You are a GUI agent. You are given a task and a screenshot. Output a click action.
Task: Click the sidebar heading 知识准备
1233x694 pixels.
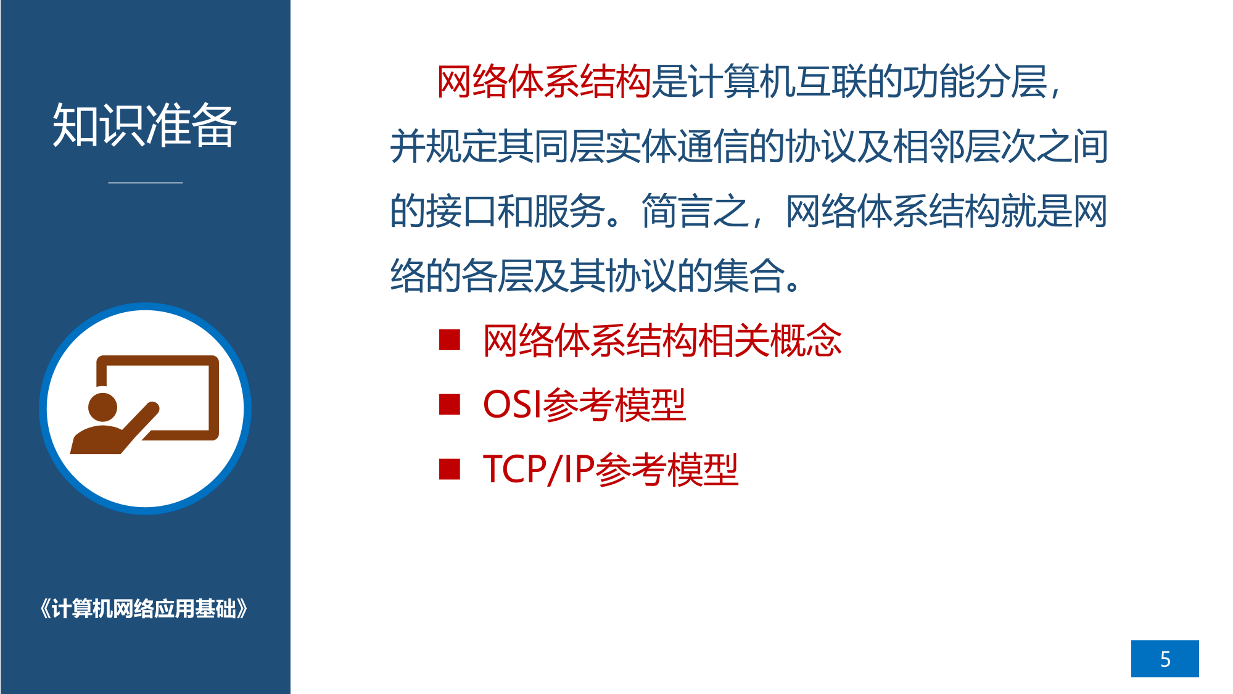coord(145,125)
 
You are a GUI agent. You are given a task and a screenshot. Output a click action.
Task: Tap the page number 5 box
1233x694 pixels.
coord(1165,658)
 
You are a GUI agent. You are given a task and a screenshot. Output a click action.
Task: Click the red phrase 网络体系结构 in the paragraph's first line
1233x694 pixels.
coord(544,81)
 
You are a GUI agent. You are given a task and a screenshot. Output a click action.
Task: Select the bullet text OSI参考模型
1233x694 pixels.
coord(584,405)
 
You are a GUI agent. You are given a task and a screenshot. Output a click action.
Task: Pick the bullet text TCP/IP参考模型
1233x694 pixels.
coord(611,469)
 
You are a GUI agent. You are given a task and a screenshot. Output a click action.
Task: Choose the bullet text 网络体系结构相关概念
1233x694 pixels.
coord(662,341)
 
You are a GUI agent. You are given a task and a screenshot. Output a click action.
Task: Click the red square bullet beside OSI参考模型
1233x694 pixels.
coord(450,405)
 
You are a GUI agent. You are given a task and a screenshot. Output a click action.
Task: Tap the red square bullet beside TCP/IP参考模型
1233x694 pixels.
coord(450,469)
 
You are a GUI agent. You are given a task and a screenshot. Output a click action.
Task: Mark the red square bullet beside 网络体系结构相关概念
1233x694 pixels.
coord(450,339)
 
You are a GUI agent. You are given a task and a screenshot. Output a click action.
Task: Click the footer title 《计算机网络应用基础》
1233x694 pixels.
coord(144,609)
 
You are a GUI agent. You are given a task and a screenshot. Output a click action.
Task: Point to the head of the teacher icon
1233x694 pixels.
coord(102,407)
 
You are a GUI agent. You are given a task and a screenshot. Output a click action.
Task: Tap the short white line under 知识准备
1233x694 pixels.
coord(146,183)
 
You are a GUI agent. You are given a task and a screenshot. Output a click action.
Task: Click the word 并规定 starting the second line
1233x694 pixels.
coord(443,147)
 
